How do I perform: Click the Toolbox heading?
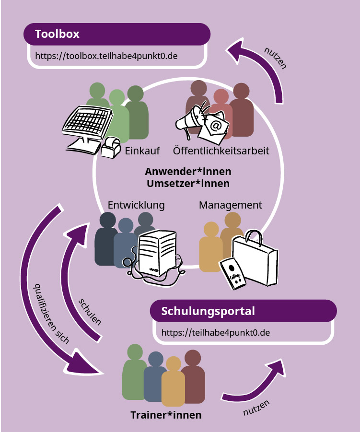click(x=57, y=34)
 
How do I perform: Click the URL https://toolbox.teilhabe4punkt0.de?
click(x=106, y=56)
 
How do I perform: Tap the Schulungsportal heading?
click(x=208, y=311)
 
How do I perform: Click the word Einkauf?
click(x=142, y=151)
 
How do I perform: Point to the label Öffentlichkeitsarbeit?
click(x=221, y=151)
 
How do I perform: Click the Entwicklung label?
click(x=136, y=205)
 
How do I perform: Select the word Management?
click(x=230, y=205)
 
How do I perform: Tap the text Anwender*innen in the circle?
click(x=188, y=171)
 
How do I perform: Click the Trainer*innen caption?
click(x=166, y=415)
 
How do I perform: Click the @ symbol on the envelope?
click(x=215, y=126)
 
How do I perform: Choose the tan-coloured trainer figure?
click(x=173, y=384)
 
